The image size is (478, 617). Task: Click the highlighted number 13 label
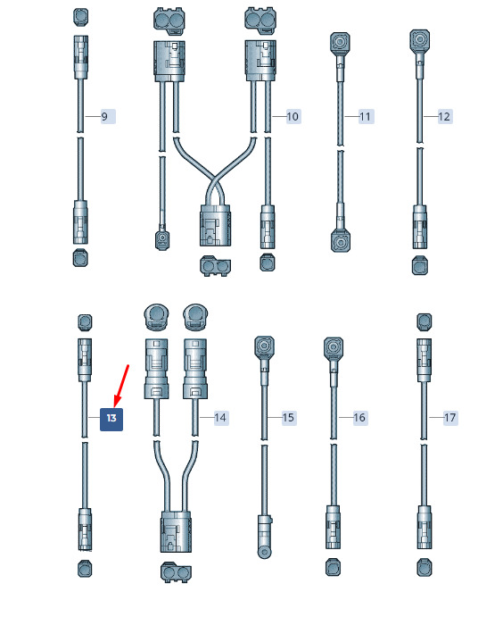point(111,419)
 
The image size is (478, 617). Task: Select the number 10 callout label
point(293,116)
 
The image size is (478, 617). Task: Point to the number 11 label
point(366,116)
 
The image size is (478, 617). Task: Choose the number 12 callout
point(445,116)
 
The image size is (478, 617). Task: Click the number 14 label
point(221,418)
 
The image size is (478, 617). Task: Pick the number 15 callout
point(289,418)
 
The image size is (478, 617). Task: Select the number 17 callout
point(450,418)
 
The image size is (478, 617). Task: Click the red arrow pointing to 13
point(121,386)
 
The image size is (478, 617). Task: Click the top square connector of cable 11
point(339,43)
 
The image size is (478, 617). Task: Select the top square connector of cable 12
point(419,39)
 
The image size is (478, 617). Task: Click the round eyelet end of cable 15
point(265,552)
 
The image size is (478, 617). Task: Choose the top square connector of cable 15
point(265,346)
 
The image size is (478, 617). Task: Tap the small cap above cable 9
point(81,17)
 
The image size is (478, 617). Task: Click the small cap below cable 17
point(424,568)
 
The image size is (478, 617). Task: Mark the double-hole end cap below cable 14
point(176,572)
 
